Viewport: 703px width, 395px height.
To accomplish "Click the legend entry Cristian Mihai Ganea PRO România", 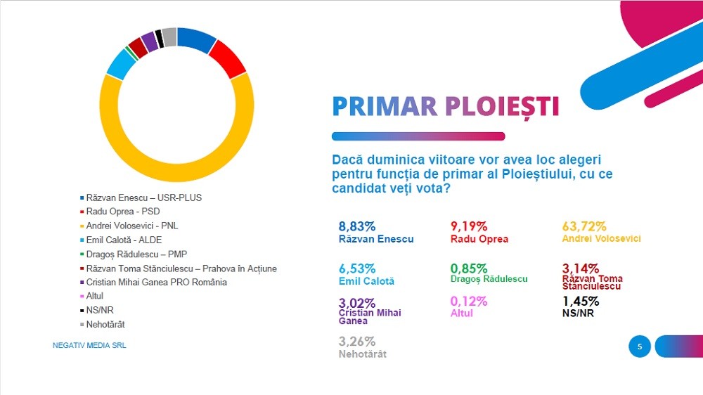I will click(x=156, y=282).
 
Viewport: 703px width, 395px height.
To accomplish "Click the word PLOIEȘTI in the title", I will click(x=502, y=106).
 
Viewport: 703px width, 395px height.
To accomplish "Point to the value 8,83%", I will click(x=357, y=226).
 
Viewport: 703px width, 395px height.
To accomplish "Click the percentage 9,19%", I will click(x=468, y=226).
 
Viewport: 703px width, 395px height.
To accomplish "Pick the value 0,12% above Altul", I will click(x=468, y=302).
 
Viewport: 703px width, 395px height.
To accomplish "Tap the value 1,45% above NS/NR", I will click(x=581, y=302).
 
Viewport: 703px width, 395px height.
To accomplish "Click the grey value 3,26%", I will click(x=357, y=342).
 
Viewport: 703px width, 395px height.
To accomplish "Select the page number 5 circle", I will click(x=640, y=346).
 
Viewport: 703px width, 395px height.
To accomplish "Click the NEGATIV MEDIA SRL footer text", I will click(x=89, y=346).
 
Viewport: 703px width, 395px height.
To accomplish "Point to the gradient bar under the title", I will click(x=418, y=136).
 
